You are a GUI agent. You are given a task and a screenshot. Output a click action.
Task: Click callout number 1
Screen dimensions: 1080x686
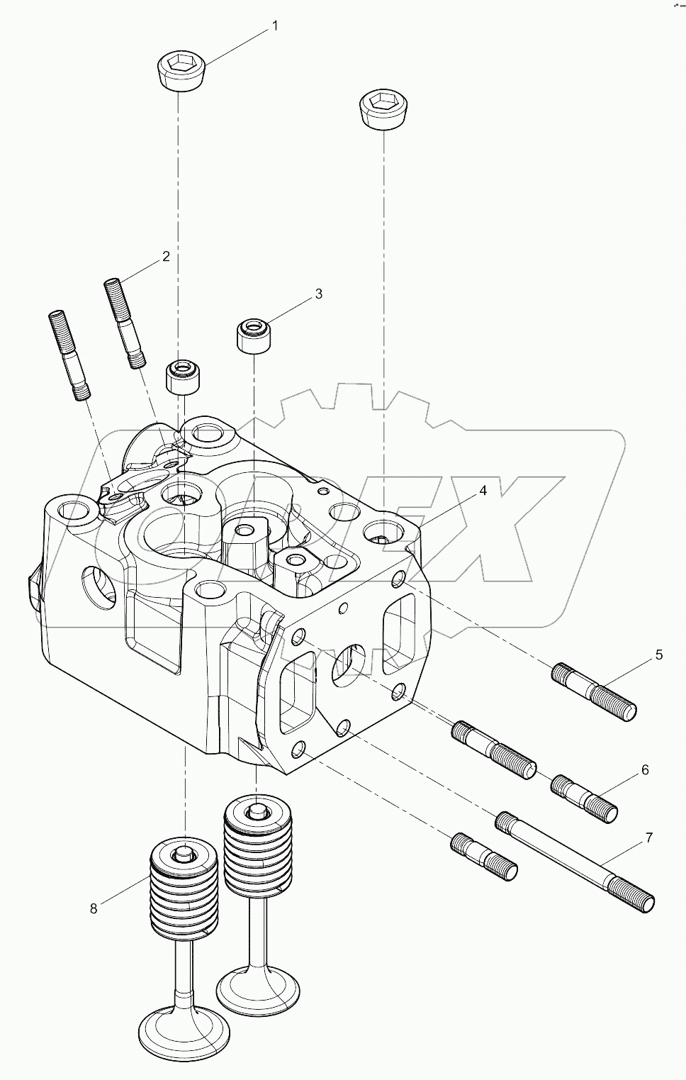(x=275, y=26)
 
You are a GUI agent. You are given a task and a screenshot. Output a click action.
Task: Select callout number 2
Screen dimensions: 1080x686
(x=166, y=256)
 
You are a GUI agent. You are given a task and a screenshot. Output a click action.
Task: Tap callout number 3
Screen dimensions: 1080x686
(x=319, y=293)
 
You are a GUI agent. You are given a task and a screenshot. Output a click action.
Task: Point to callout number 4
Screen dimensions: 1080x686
(x=483, y=491)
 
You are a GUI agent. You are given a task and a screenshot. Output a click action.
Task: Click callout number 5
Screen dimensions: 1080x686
(x=658, y=655)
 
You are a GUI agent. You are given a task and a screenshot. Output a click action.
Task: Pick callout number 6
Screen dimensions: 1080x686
(x=645, y=769)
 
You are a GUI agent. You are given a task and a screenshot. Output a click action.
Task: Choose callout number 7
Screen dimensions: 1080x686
(x=649, y=838)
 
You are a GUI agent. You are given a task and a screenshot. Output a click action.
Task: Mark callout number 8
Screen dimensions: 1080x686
(x=94, y=908)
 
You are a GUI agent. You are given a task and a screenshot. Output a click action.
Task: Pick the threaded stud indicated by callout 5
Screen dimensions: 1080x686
(x=594, y=691)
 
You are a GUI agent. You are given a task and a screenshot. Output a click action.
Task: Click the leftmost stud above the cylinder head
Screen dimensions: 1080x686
(x=69, y=355)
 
